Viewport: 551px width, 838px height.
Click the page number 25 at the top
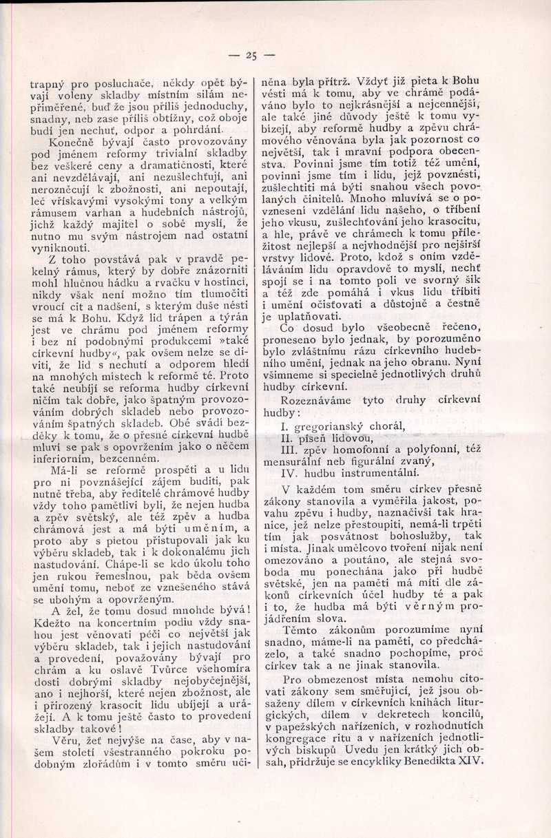tap(250, 56)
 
